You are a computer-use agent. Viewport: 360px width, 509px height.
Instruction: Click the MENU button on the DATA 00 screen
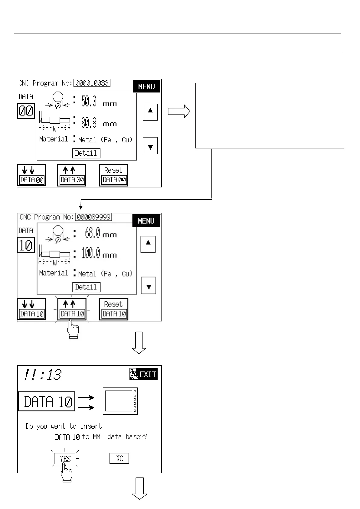point(146,86)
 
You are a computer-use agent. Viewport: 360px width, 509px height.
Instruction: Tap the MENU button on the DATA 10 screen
point(146,221)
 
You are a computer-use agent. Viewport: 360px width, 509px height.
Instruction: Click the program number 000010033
point(92,83)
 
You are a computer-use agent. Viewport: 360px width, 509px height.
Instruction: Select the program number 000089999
point(93,217)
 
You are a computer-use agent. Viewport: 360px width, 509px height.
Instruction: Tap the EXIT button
point(143,374)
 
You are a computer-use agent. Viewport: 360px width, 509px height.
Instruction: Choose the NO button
point(119,458)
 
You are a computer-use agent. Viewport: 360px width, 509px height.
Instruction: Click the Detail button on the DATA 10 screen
point(86,287)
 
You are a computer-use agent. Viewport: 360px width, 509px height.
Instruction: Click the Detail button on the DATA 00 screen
point(86,153)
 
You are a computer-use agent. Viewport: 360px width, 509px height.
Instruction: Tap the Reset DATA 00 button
point(113,175)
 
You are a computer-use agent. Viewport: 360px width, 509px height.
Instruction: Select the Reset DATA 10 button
point(113,309)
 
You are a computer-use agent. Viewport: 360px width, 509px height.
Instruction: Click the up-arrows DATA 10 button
point(72,309)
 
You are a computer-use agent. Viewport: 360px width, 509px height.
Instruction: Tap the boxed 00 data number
point(26,111)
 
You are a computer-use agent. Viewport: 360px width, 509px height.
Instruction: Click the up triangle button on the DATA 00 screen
point(150,112)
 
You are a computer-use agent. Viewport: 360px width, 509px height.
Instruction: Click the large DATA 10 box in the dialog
point(47,401)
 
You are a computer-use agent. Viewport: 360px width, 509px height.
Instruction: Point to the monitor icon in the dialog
point(120,401)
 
